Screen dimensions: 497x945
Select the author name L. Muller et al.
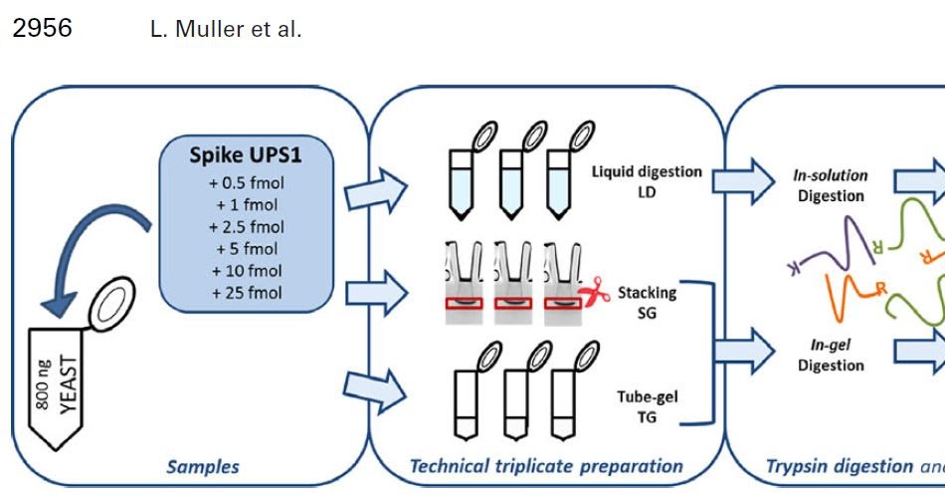click(x=225, y=30)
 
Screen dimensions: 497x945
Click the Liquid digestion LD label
click(x=647, y=180)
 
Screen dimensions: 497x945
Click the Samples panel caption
click(x=202, y=466)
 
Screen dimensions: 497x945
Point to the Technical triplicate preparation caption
click(x=546, y=466)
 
